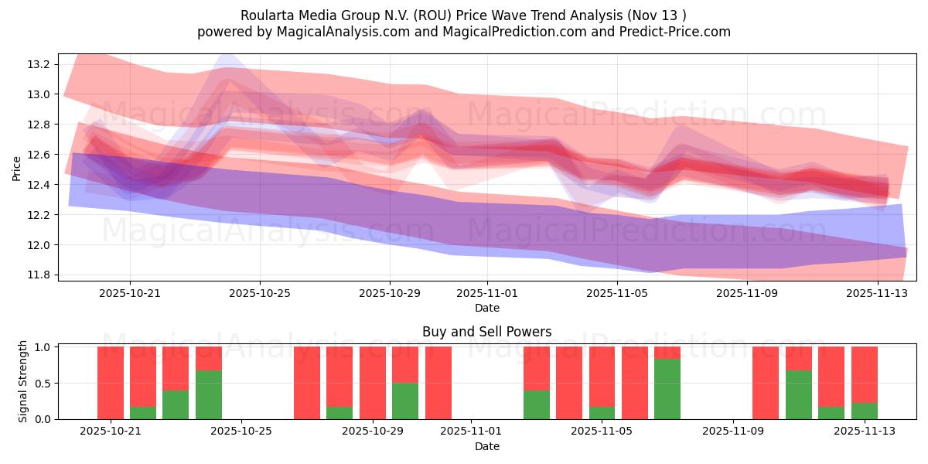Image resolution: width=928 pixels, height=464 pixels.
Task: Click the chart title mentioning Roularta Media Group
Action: [x=463, y=15]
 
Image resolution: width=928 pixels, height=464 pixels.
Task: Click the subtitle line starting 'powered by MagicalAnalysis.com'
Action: [x=463, y=32]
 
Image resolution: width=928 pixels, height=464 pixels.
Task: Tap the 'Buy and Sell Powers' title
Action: [x=486, y=332]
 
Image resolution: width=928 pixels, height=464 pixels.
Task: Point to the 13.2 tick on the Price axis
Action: [x=39, y=64]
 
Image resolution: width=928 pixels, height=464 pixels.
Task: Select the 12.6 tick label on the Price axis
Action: [x=39, y=155]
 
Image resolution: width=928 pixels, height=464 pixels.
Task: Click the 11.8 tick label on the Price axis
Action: [x=39, y=275]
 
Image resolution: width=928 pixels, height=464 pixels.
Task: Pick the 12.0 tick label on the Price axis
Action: [x=39, y=245]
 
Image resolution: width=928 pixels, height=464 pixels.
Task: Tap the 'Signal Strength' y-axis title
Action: [x=23, y=381]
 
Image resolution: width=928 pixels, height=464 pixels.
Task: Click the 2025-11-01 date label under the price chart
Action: [x=486, y=293]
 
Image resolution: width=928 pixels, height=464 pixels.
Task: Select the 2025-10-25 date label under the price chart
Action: [x=259, y=293]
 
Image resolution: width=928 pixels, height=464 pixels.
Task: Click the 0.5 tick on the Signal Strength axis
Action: [x=43, y=384]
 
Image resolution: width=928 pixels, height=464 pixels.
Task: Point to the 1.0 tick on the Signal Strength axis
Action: [x=43, y=347]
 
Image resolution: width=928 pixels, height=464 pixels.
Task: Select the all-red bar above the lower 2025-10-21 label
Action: [x=111, y=383]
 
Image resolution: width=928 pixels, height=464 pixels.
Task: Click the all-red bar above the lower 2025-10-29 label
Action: [x=372, y=383]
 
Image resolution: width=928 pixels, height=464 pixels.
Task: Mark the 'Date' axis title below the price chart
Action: [x=486, y=308]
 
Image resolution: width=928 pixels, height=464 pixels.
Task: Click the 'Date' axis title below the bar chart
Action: [x=486, y=446]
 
